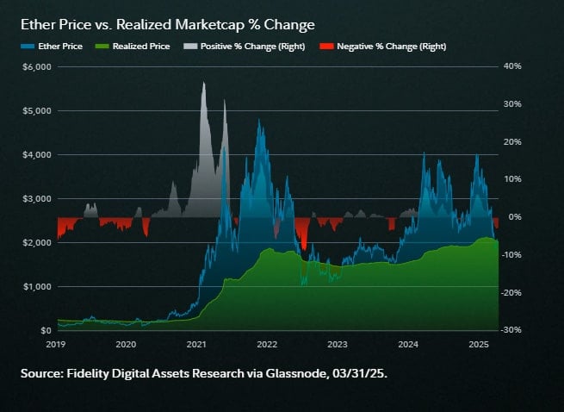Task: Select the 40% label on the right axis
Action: pyautogui.click(x=514, y=66)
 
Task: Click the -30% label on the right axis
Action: pyautogui.click(x=512, y=330)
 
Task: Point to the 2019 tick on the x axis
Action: pyautogui.click(x=56, y=344)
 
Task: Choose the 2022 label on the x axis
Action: pyautogui.click(x=267, y=344)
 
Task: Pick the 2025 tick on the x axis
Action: pyautogui.click(x=479, y=344)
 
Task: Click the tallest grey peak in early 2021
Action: pyautogui.click(x=203, y=84)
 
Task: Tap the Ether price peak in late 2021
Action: pyautogui.click(x=259, y=121)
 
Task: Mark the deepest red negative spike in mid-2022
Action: pyautogui.click(x=303, y=248)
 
